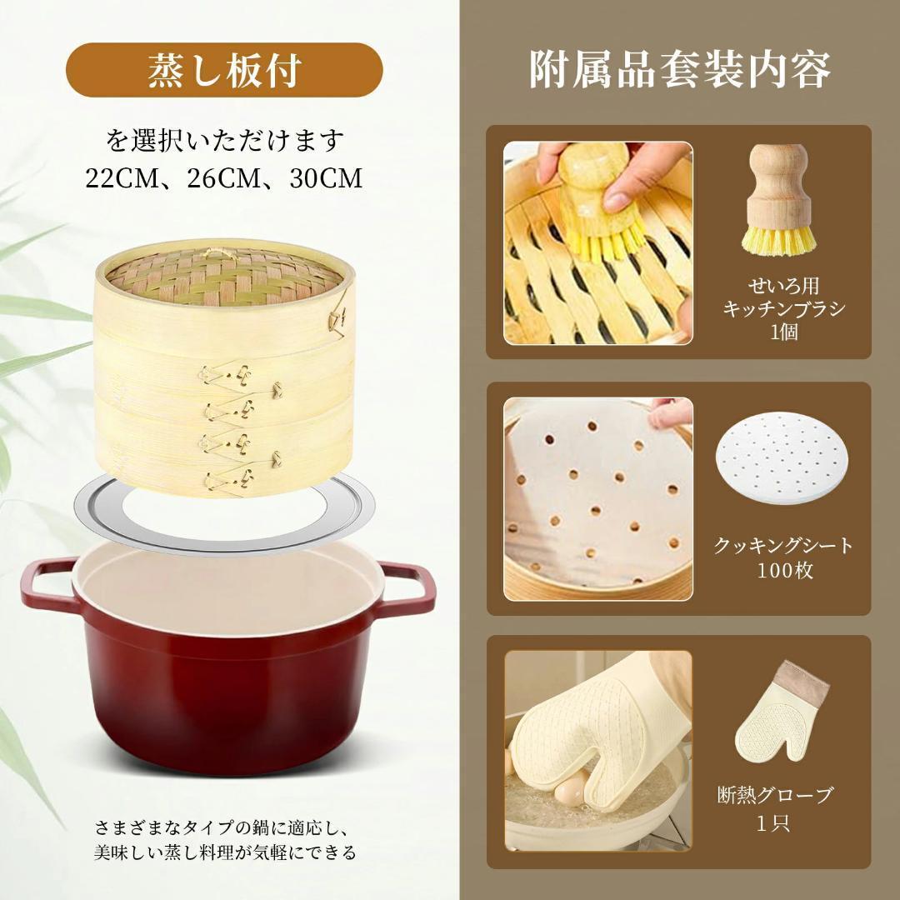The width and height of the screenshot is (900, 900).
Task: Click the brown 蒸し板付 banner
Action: (224, 72)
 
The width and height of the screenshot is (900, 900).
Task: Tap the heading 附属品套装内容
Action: (680, 70)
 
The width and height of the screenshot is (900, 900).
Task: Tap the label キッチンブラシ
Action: (784, 308)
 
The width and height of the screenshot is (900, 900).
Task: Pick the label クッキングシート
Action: (784, 546)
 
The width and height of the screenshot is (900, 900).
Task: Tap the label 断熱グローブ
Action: (775, 795)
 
